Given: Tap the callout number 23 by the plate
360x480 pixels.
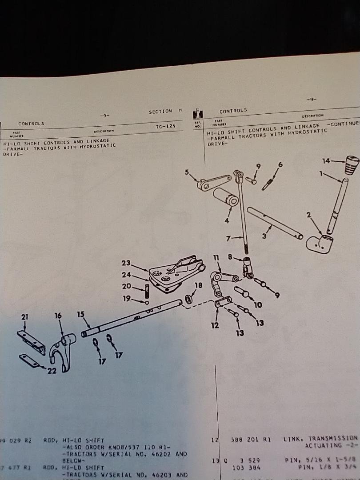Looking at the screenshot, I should coord(126,263).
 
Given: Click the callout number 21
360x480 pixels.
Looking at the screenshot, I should coord(24,317).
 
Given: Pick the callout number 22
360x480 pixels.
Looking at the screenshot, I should coord(52,371).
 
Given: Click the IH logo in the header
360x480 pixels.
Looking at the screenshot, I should coord(198,114).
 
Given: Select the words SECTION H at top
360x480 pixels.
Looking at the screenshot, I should coord(165,111).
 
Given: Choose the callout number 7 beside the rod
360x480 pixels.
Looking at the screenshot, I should coord(229,239).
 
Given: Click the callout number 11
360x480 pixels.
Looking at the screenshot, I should coord(216,257).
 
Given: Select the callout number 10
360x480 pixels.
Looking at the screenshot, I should coord(258,305).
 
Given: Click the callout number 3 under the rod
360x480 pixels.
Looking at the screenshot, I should coord(264,236).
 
